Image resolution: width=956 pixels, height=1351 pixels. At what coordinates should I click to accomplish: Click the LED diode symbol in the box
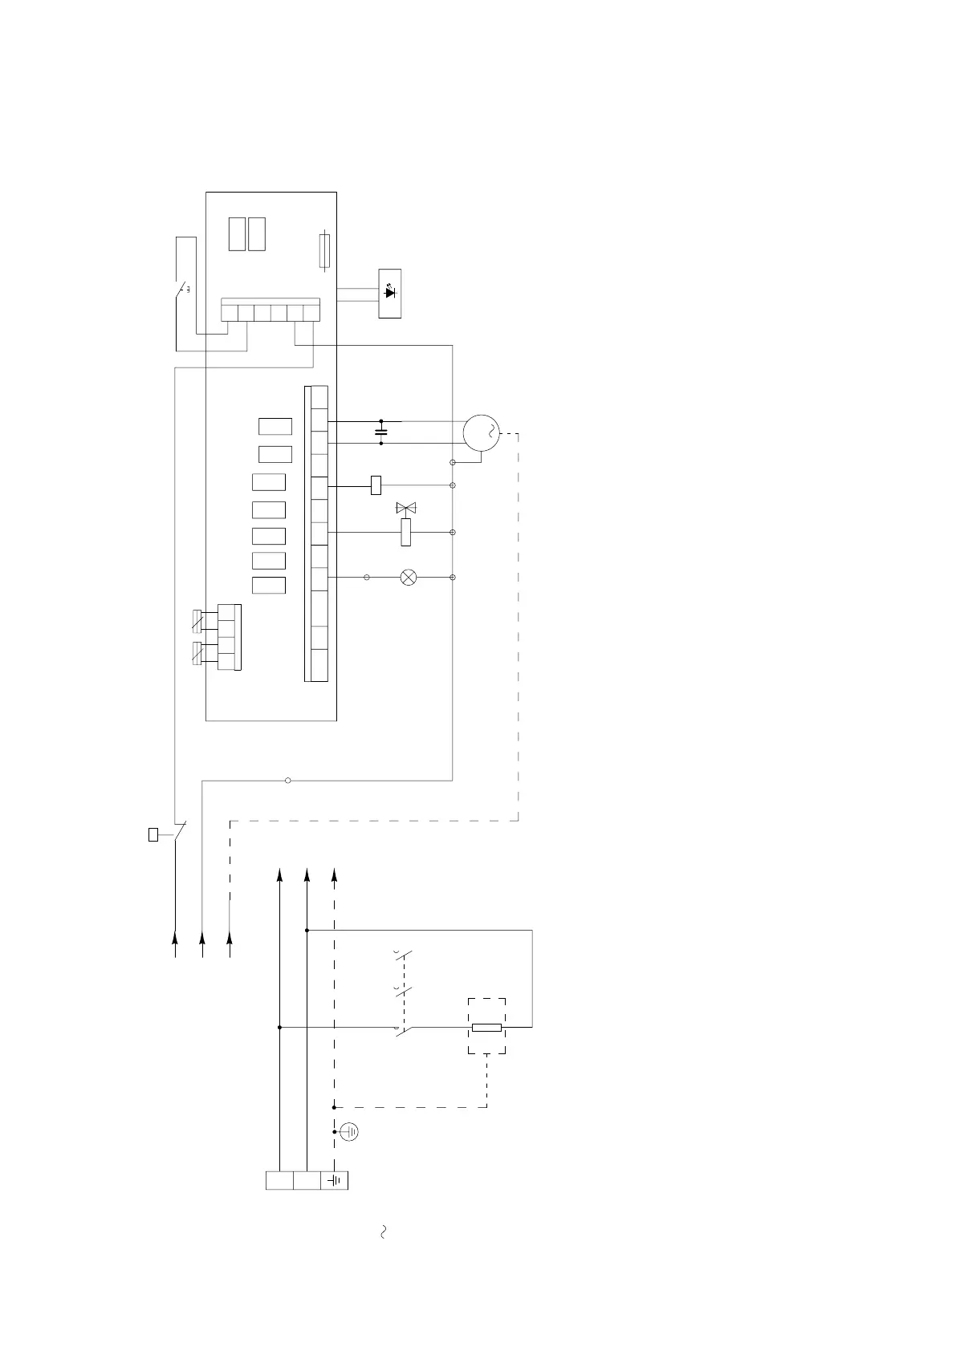(390, 293)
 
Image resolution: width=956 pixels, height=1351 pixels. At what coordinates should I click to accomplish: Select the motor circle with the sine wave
(481, 434)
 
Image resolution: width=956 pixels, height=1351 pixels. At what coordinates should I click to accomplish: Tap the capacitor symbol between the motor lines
(381, 432)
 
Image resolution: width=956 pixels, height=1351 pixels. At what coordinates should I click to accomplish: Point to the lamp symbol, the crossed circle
(408, 578)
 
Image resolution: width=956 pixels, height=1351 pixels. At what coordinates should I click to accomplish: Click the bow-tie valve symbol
(406, 508)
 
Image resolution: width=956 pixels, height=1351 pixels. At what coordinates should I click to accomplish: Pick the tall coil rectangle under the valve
(405, 532)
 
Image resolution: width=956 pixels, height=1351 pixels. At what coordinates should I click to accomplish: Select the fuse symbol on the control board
(323, 250)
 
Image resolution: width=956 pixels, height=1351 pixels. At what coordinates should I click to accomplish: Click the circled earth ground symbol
(349, 1132)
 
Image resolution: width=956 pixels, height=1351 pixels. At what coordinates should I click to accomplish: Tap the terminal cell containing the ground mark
(335, 1181)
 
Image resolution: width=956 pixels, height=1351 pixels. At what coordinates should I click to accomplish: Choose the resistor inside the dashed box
(486, 1027)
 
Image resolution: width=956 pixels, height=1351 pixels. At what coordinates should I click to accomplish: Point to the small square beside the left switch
(153, 835)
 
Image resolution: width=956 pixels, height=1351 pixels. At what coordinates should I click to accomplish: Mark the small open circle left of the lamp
(367, 578)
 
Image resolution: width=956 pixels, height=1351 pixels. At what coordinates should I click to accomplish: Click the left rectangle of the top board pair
(237, 233)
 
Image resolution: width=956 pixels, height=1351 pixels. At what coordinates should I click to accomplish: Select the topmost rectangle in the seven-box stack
(275, 427)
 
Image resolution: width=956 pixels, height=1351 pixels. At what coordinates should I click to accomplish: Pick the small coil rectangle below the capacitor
(376, 485)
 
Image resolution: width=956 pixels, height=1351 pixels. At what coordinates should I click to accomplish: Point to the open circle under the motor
(453, 463)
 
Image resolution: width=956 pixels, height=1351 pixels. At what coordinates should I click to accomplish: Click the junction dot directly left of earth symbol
(334, 1132)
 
